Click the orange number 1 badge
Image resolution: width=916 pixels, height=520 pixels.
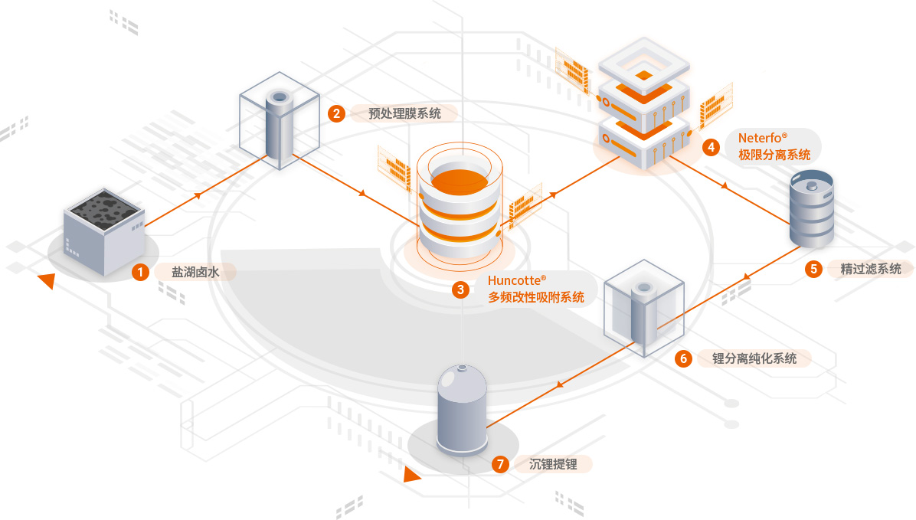tap(140, 271)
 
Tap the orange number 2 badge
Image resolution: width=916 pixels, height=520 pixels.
tap(335, 113)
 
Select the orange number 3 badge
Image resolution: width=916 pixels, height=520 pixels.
tap(460, 289)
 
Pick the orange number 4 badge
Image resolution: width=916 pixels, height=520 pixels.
tap(711, 146)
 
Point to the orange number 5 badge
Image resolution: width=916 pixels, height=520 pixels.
tap(813, 269)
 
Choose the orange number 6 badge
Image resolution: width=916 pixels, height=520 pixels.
tap(683, 358)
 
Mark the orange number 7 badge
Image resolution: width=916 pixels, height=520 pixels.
tap(501, 463)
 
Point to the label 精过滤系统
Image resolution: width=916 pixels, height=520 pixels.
tap(871, 269)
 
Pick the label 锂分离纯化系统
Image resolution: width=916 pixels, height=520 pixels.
tap(754, 358)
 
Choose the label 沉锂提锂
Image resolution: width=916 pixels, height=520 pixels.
tap(553, 463)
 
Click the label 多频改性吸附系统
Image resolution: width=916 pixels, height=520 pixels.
tap(535, 298)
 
